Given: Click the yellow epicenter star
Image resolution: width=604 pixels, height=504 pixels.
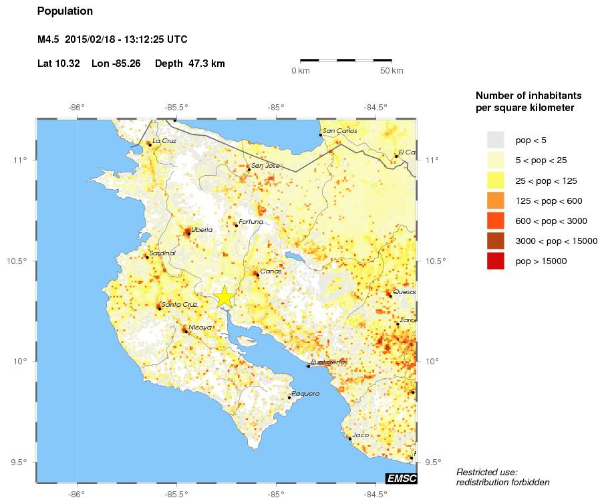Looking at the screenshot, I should pos(225,297).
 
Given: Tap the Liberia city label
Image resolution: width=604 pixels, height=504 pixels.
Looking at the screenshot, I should pos(202,229).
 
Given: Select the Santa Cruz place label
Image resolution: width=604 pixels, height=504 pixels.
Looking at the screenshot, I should pos(180,304).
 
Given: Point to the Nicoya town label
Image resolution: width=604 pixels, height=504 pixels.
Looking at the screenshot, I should pos(200,327).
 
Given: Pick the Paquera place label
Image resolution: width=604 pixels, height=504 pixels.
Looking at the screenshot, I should pos(306,393).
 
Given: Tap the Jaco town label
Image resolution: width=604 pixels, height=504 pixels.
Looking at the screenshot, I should pos(360,434).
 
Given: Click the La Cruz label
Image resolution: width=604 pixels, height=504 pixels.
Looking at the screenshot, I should pos(165,140).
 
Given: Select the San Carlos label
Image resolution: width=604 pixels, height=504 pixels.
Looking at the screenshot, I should pos(340,131).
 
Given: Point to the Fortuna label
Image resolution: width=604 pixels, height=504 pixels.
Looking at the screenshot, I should pos(251,221).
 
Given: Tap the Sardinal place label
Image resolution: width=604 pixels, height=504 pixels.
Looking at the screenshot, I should pos(162,253).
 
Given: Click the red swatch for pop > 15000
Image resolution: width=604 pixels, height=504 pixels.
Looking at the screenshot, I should pos(495,261).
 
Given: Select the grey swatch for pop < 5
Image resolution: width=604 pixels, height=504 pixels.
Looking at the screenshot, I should pos(495,140).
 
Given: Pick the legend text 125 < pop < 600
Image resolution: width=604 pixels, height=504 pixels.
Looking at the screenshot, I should pos(549,201).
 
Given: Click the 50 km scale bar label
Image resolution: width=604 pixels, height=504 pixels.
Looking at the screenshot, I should pos(392,71).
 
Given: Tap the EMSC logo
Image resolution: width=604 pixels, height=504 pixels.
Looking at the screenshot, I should pos(402,478).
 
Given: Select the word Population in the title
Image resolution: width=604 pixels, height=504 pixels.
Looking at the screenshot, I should pos(65,11).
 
